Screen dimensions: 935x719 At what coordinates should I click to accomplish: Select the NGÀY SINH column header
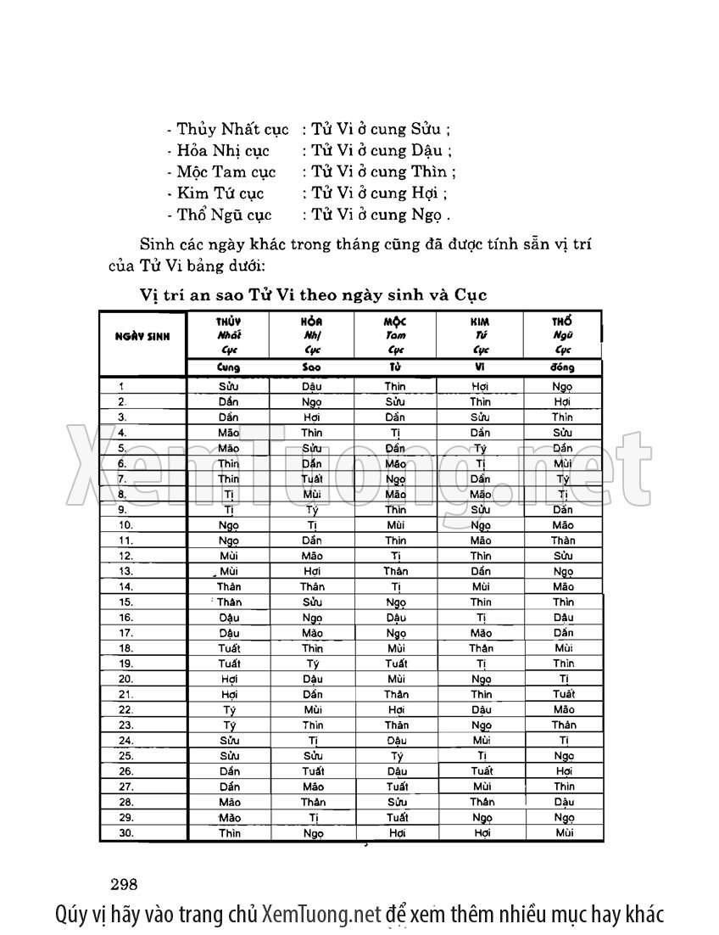click(x=142, y=335)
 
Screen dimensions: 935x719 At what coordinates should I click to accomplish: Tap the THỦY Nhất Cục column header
click(x=228, y=335)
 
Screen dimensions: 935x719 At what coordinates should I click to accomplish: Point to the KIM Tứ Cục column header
click(x=480, y=335)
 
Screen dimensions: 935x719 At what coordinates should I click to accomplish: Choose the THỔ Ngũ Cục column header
click(x=563, y=335)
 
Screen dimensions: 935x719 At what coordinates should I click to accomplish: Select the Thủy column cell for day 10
click(x=228, y=525)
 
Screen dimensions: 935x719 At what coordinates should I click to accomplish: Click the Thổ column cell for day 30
click(x=564, y=833)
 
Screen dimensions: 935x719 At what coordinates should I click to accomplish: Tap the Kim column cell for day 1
click(x=480, y=386)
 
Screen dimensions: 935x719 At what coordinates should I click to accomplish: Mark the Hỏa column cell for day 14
click(x=312, y=586)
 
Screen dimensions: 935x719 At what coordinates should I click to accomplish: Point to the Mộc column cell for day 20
click(x=396, y=679)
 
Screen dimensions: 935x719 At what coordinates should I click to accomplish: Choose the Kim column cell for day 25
click(x=480, y=756)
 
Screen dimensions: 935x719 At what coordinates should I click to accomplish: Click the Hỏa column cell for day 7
click(x=312, y=479)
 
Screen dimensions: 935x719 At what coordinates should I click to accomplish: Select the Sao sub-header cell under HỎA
click(x=312, y=368)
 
